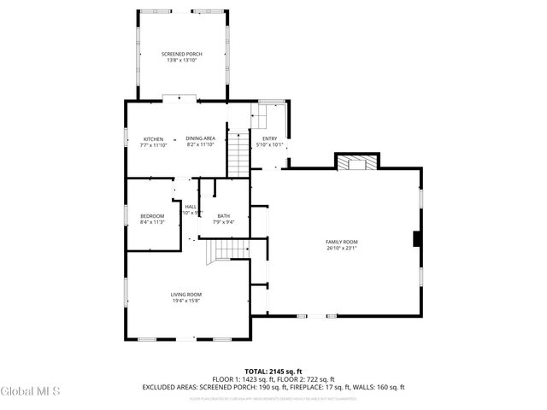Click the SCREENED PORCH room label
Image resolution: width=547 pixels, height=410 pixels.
pyautogui.click(x=182, y=54)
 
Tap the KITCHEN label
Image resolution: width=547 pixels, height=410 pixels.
pyautogui.click(x=153, y=138)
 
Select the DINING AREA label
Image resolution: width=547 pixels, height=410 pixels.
pyautogui.click(x=199, y=138)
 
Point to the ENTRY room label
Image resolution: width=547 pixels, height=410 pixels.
pyautogui.click(x=269, y=138)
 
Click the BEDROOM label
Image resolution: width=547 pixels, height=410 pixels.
pyautogui.click(x=152, y=215)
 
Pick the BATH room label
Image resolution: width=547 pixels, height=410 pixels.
pyautogui.click(x=223, y=215)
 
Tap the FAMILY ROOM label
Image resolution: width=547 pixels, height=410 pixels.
pyautogui.click(x=341, y=242)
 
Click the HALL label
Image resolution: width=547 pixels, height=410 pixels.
pyautogui.click(x=191, y=206)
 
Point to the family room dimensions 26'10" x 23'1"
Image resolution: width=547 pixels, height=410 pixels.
pyautogui.click(x=341, y=249)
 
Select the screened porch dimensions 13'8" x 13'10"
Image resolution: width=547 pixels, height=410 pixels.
pyautogui.click(x=182, y=61)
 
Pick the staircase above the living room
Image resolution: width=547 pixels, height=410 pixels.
pyautogui.click(x=224, y=249)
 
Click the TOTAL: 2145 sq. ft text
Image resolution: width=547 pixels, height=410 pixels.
pyautogui.click(x=273, y=372)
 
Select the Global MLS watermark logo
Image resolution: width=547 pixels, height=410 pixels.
pyautogui.click(x=31, y=392)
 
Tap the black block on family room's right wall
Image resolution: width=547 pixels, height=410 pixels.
pyautogui.click(x=415, y=240)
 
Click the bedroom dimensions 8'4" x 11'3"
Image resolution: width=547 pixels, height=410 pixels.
pyautogui.click(x=152, y=222)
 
